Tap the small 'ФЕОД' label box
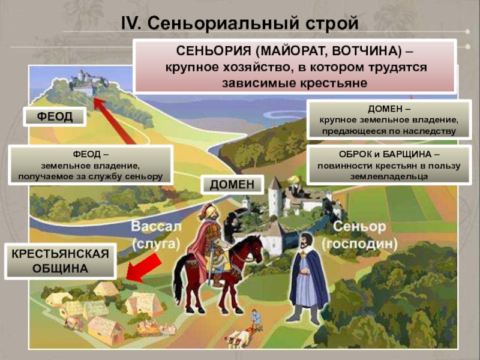[55, 116]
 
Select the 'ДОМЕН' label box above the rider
[236, 185]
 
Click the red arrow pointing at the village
[144, 268]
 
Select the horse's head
[255, 248]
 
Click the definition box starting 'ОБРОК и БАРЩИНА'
[382, 166]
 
